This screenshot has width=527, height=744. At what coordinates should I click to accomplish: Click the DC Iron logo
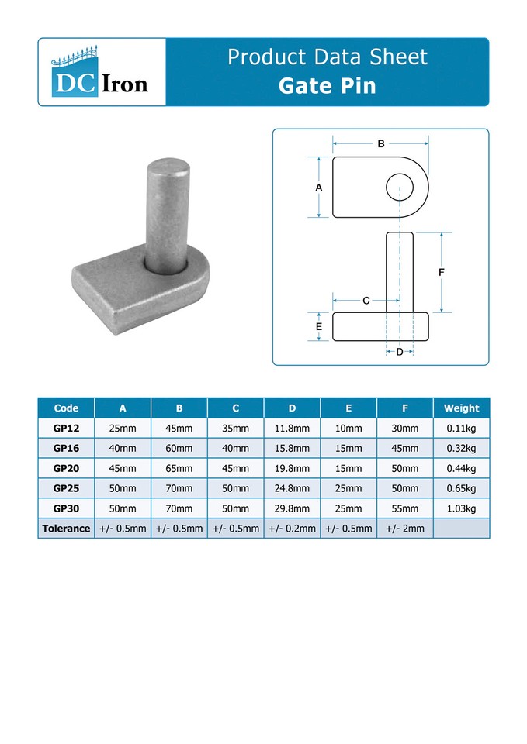(102, 71)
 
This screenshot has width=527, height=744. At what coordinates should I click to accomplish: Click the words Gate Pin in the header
(327, 85)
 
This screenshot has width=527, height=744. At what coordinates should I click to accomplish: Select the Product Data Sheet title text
(327, 57)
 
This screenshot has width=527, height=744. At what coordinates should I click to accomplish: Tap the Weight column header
(461, 408)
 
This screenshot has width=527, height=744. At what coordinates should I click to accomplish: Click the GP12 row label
(66, 428)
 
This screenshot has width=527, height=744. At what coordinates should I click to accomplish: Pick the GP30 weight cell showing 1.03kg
(461, 508)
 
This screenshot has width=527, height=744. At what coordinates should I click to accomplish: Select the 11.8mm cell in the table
(292, 428)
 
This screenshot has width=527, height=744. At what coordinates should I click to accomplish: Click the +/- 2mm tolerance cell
(405, 529)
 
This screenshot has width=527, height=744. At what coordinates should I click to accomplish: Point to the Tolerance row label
(66, 529)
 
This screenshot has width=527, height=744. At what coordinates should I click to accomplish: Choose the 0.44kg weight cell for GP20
(461, 468)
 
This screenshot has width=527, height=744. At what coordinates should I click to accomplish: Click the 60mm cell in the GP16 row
(179, 448)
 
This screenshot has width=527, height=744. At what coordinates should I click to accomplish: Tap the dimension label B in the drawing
(381, 143)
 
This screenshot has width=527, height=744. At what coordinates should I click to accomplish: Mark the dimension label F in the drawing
(442, 273)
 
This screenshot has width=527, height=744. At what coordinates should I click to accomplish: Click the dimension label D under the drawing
(400, 352)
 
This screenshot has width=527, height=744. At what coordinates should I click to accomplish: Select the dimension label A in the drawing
(319, 188)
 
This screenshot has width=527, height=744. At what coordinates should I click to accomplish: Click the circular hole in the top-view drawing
(400, 187)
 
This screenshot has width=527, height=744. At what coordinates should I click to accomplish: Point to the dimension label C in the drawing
(366, 300)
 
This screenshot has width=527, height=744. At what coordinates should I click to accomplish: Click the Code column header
(66, 408)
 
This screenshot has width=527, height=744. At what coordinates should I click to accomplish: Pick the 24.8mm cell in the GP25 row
(292, 488)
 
